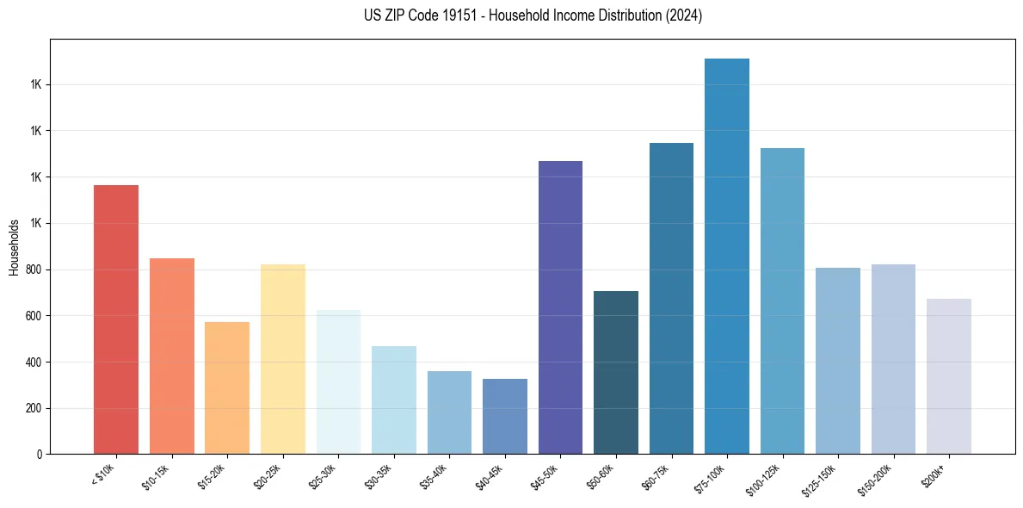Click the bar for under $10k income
click(x=116, y=319)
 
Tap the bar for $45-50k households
click(x=560, y=307)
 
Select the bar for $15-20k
click(x=227, y=387)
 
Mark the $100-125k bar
click(x=782, y=300)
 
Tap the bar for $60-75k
click(x=671, y=298)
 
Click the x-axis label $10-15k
click(x=157, y=475)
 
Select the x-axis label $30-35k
click(x=379, y=475)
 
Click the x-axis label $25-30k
click(x=324, y=475)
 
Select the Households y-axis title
click(x=14, y=246)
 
